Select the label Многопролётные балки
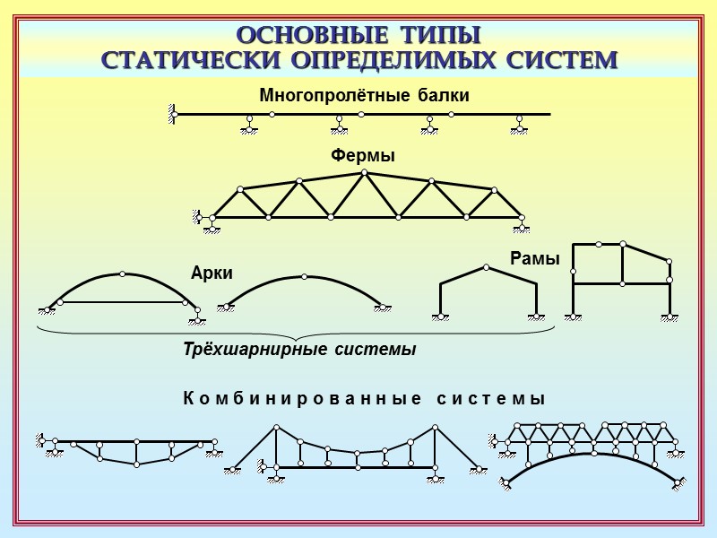364,95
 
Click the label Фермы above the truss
363,156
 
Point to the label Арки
212,273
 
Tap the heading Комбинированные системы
364,398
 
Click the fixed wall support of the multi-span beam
170,114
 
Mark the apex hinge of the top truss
363,172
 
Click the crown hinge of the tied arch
122,273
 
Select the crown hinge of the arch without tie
304,276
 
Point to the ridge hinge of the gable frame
486,266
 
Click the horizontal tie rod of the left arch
122,302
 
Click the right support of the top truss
520,224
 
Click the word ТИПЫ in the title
440,36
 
